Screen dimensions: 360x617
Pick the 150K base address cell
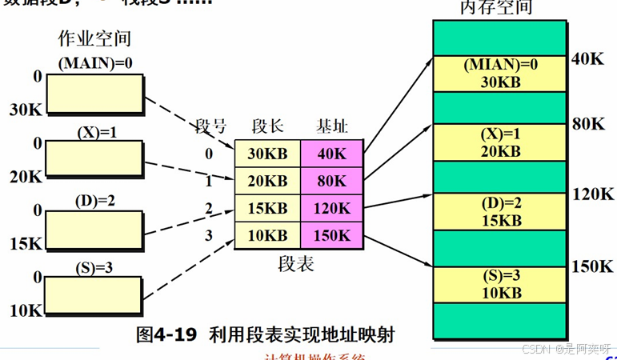pyautogui.click(x=332, y=235)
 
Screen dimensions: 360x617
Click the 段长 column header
pyautogui.click(x=266, y=126)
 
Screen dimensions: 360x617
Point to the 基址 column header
pyautogui.click(x=331, y=126)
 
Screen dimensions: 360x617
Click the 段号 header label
pyautogui.click(x=212, y=126)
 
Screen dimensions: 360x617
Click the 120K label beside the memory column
pyautogui.click(x=593, y=194)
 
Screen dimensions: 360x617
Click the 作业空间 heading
pyautogui.click(x=95, y=38)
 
